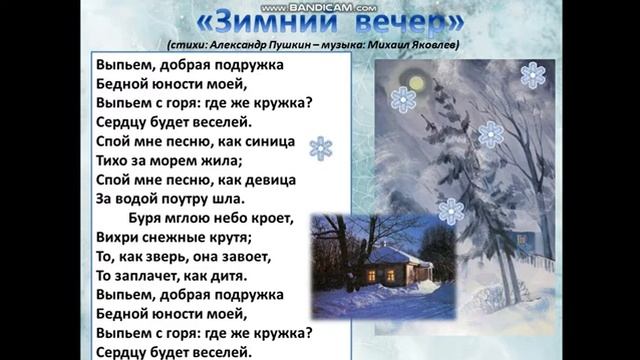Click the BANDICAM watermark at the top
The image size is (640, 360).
coord(321,6)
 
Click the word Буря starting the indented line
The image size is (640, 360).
coord(147,218)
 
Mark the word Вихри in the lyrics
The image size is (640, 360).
coord(120,237)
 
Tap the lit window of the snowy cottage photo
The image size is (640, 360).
coord(373,272)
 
